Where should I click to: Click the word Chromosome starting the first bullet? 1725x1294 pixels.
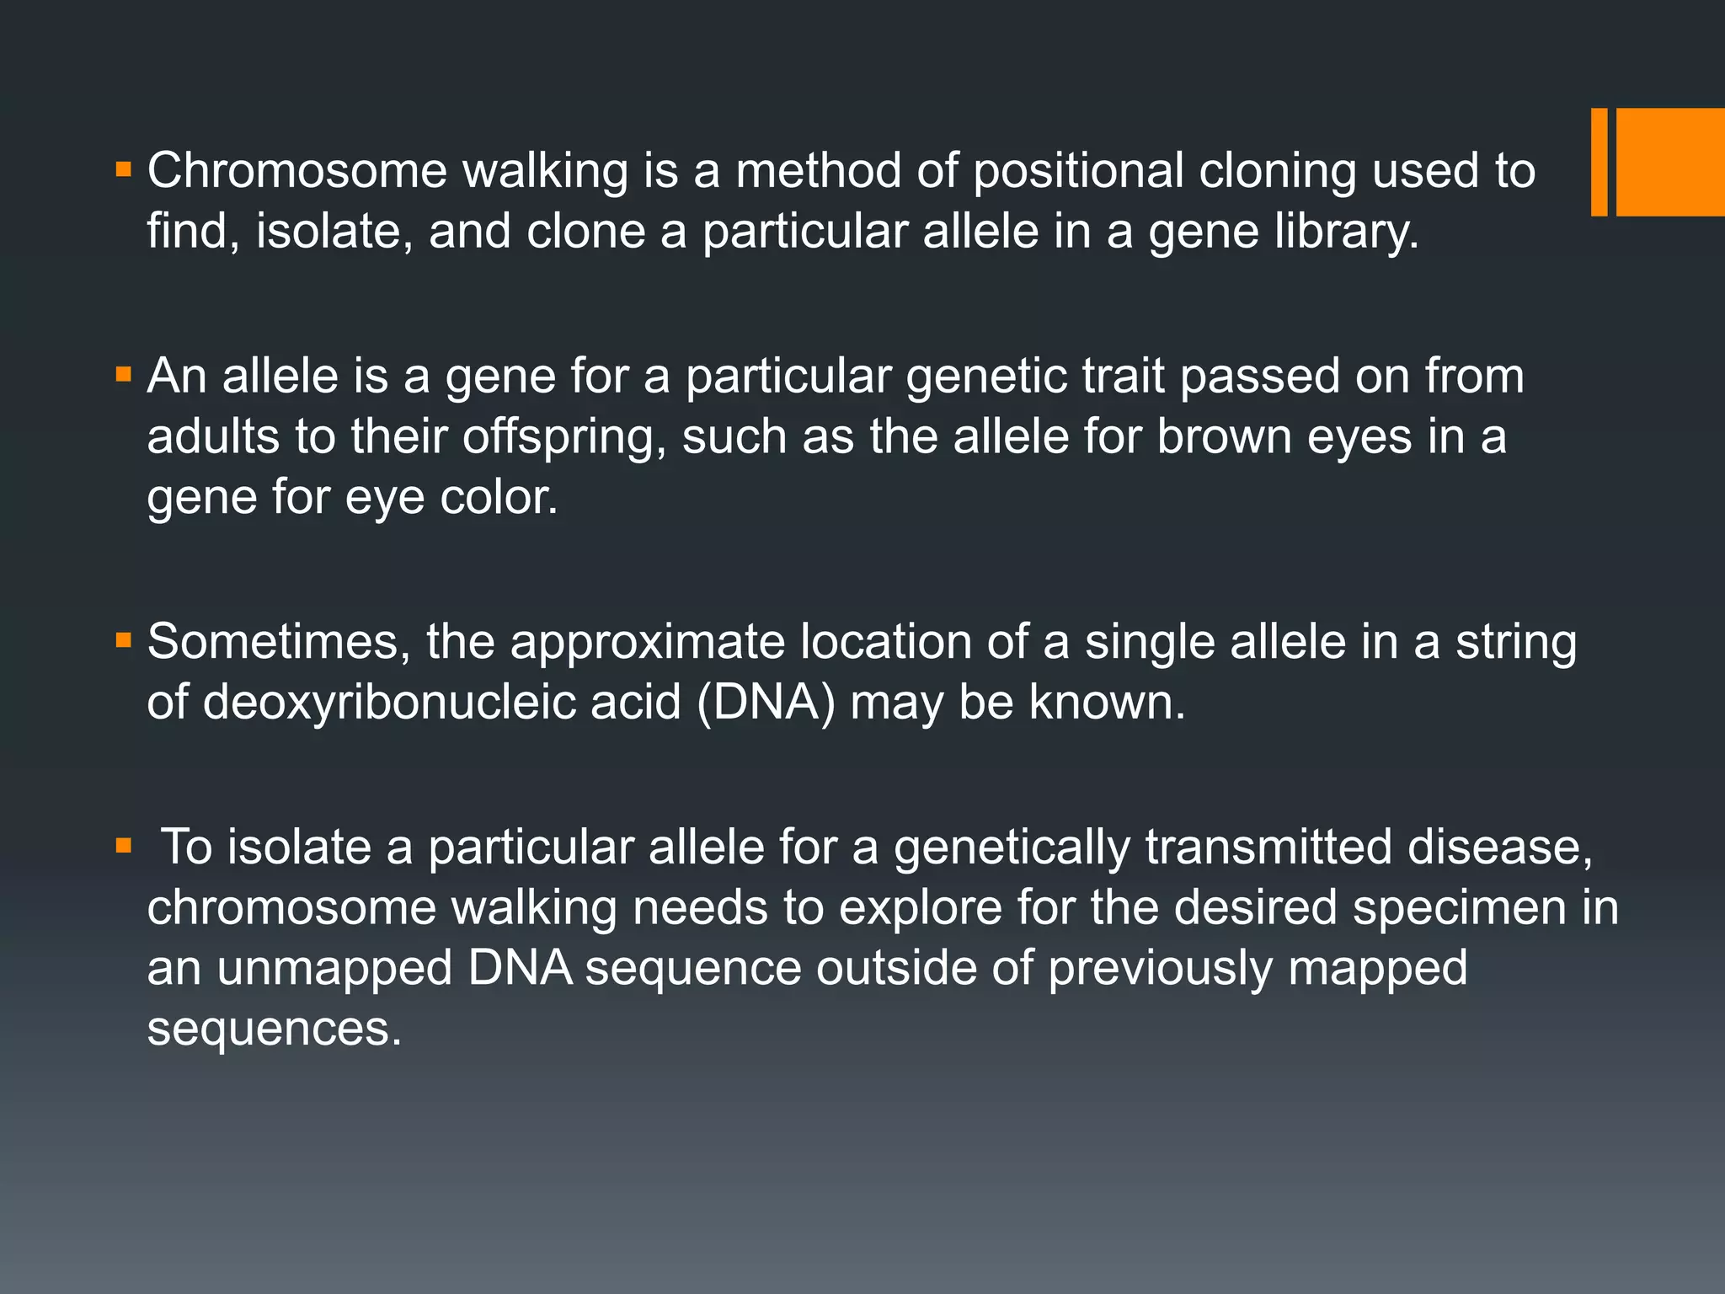(x=296, y=171)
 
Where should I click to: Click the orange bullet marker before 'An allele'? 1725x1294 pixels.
(x=124, y=374)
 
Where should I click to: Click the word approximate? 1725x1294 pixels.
(x=648, y=642)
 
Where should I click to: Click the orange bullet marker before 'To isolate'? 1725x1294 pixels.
(x=124, y=845)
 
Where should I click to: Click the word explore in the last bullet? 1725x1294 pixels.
(x=920, y=908)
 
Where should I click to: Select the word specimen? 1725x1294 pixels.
(x=1460, y=908)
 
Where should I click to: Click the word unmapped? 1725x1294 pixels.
(x=334, y=969)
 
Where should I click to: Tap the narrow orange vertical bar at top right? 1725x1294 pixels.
(x=1599, y=162)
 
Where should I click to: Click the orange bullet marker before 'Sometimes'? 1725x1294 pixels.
(x=124, y=641)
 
